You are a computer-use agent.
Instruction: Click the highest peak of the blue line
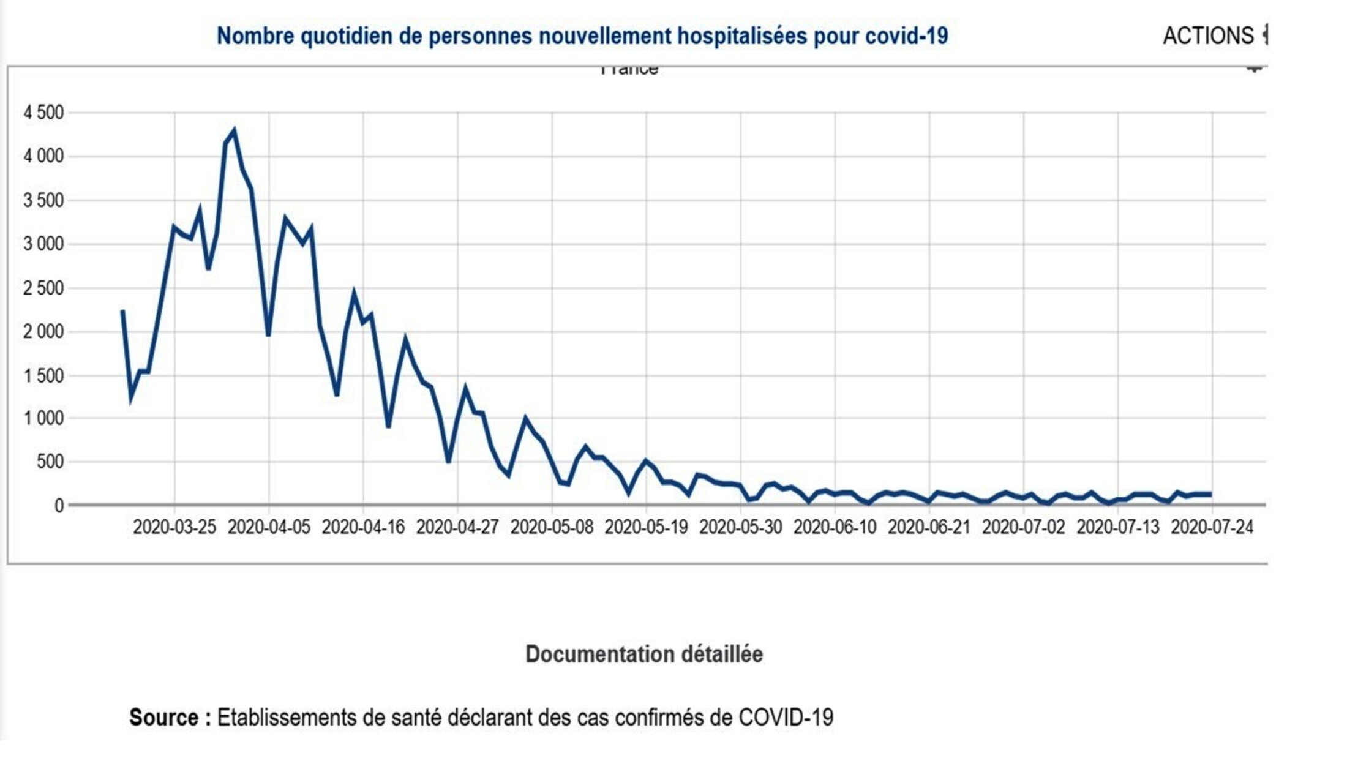click(x=234, y=130)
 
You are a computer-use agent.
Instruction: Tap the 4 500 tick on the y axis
click(x=43, y=113)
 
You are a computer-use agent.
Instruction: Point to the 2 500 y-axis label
click(x=43, y=288)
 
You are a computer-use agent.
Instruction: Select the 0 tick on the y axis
click(x=59, y=506)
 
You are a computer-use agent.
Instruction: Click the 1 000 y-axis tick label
click(x=43, y=419)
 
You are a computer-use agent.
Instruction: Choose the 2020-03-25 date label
click(x=174, y=527)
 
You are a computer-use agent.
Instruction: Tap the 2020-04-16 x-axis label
click(x=363, y=527)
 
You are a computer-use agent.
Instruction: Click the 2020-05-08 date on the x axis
click(x=552, y=527)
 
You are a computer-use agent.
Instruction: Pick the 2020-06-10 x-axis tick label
click(x=835, y=527)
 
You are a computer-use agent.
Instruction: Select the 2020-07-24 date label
click(x=1212, y=527)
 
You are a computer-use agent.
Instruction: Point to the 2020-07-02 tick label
click(x=1023, y=527)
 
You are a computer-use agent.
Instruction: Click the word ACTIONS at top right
click(x=1208, y=36)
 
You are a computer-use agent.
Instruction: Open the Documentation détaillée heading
click(x=644, y=655)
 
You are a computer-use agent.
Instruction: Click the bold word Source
click(x=164, y=718)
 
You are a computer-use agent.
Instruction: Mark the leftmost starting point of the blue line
click(x=122, y=311)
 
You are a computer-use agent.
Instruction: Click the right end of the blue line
click(x=1210, y=494)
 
